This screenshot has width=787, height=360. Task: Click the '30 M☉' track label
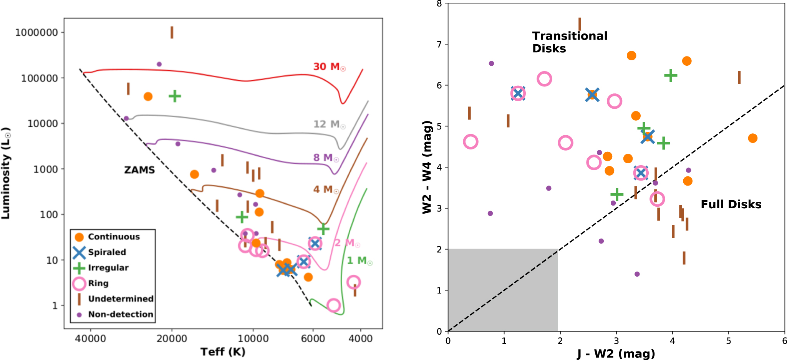(329, 67)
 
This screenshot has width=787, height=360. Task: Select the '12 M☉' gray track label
(329, 124)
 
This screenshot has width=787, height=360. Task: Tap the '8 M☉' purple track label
(326, 158)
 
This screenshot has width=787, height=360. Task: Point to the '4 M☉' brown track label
(326, 189)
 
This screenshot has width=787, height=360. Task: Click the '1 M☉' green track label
(359, 261)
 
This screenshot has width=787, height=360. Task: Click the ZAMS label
(139, 170)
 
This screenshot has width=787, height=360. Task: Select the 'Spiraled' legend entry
(107, 252)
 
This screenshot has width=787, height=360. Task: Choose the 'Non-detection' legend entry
(120, 315)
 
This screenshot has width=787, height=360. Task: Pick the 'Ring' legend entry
(98, 284)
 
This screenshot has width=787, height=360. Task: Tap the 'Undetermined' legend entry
(120, 299)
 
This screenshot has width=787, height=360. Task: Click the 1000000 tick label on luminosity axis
(36, 33)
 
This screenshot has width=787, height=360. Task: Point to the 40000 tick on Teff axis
(91, 339)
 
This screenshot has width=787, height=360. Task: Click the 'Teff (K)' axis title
(223, 352)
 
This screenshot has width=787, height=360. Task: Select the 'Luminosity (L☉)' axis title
(6, 173)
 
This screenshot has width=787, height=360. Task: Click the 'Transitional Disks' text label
(570, 42)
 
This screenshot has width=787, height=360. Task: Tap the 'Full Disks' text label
(731, 204)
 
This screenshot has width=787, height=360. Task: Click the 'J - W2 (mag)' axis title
(616, 353)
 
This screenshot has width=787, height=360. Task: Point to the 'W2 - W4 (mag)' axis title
(427, 167)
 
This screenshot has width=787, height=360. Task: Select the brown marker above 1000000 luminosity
(172, 32)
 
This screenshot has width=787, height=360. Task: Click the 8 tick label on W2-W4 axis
(439, 4)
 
